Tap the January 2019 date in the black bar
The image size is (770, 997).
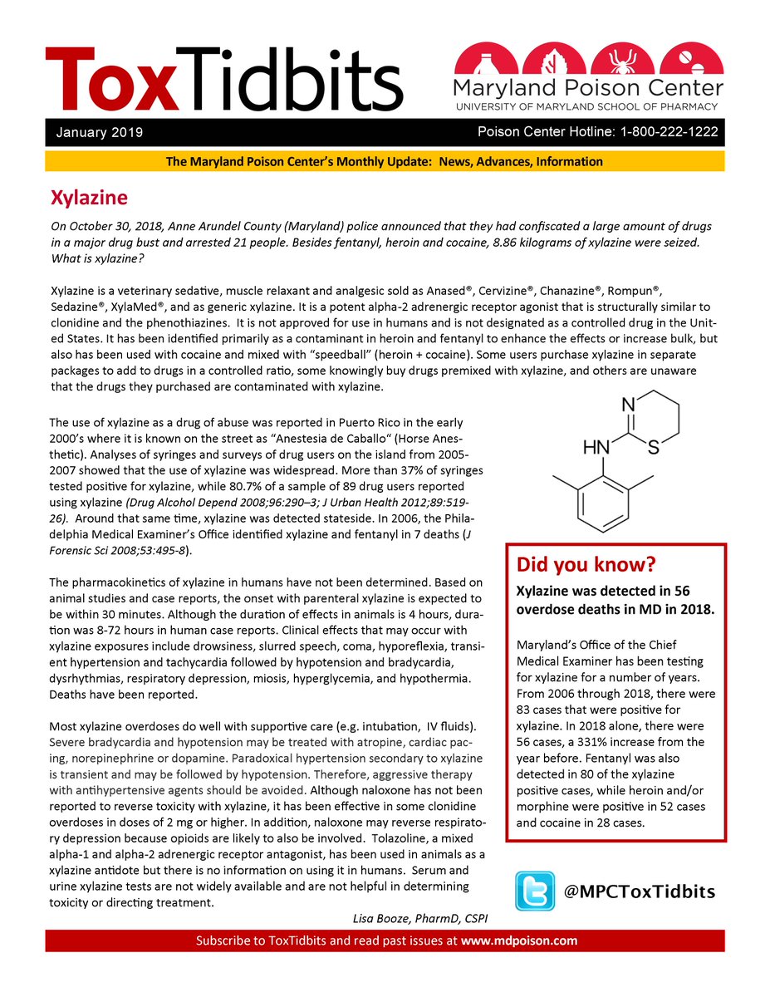click(x=100, y=133)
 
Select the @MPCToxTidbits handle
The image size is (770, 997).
click(x=639, y=891)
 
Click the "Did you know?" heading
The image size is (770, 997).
click(x=586, y=565)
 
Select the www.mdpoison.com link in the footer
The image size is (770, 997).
click(x=519, y=941)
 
